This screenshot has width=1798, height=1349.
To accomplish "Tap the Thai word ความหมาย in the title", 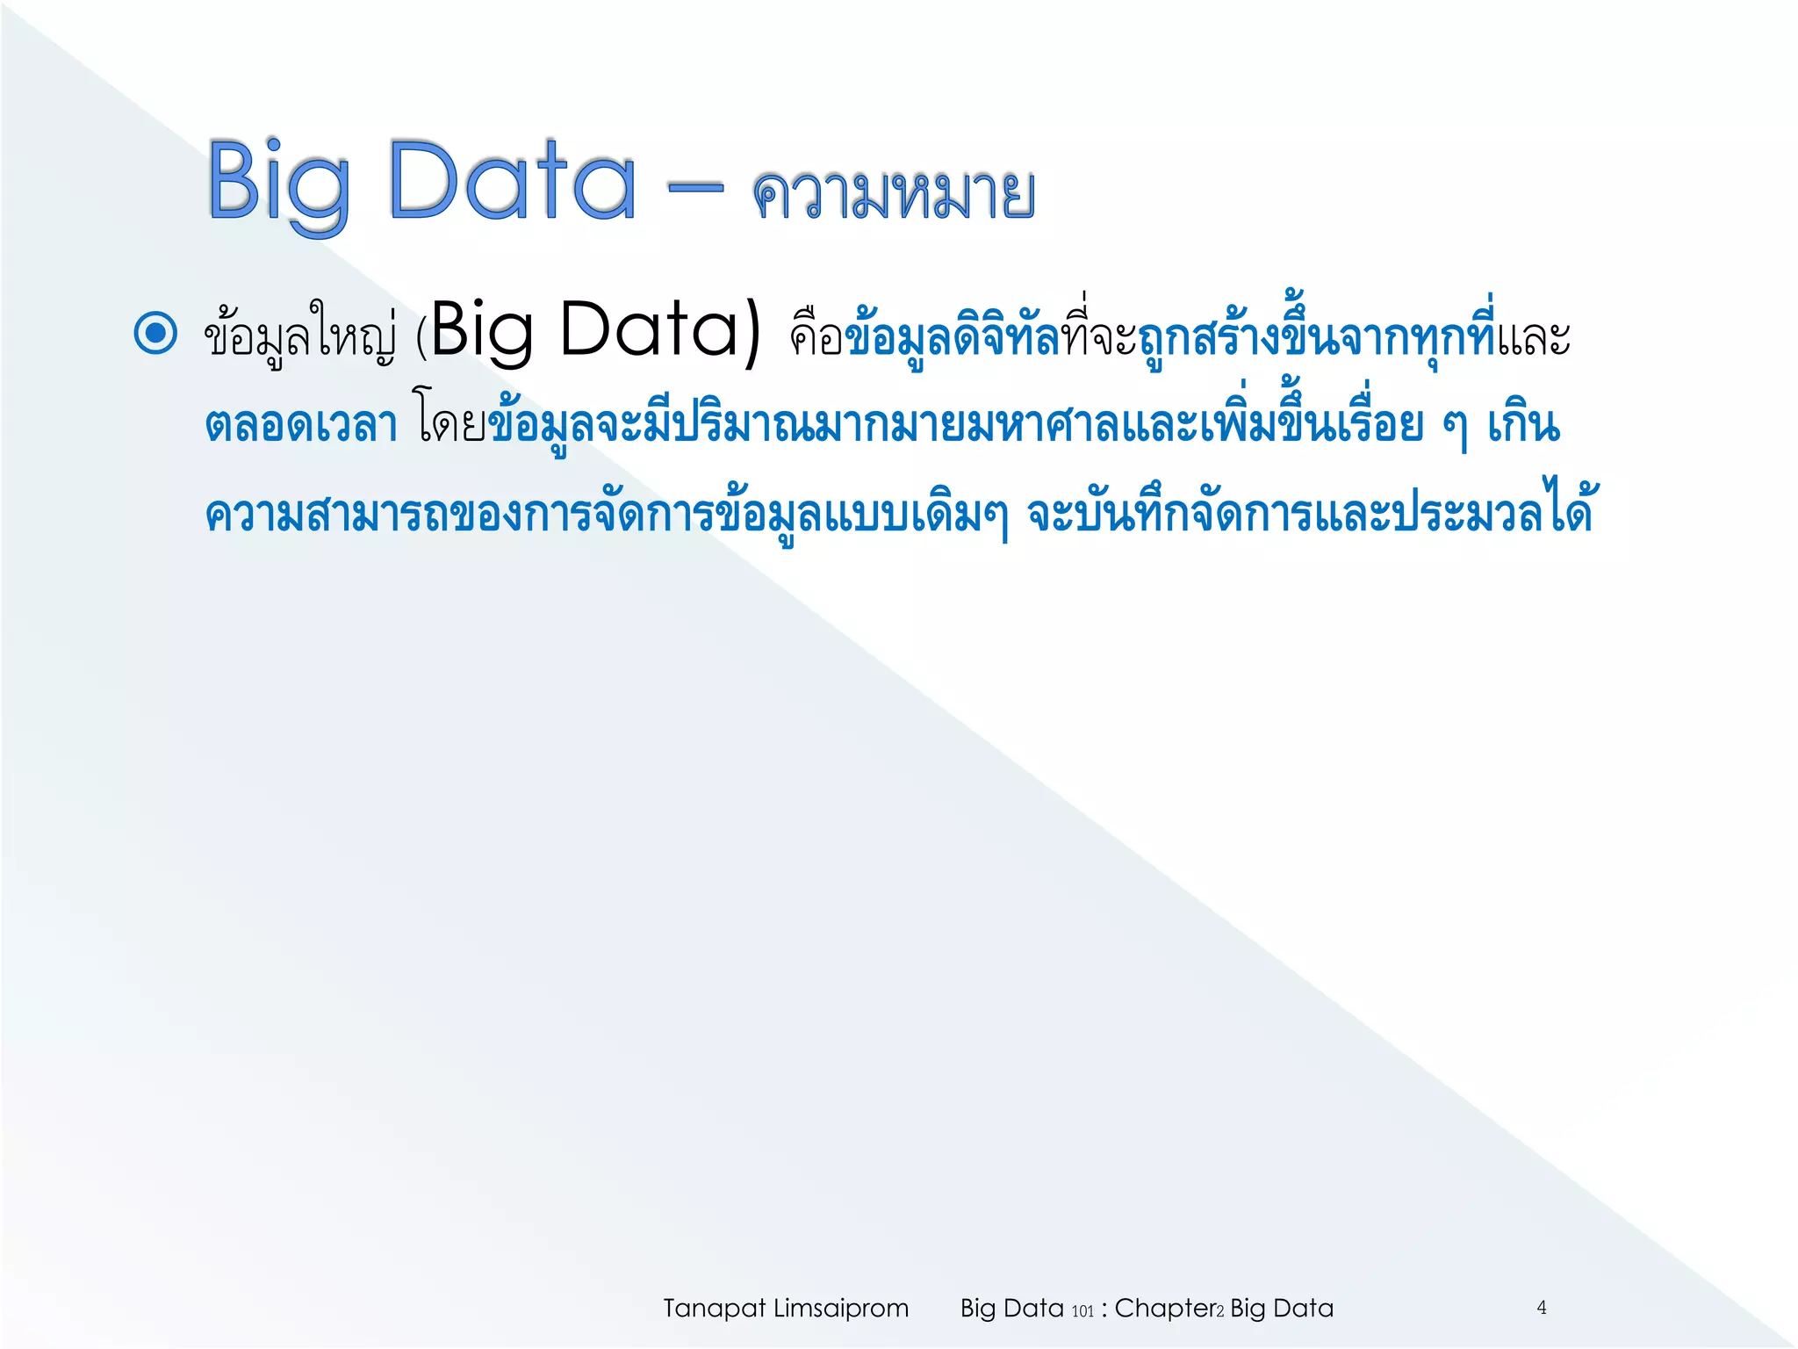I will click(x=893, y=194).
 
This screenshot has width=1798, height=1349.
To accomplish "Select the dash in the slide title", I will click(x=695, y=187).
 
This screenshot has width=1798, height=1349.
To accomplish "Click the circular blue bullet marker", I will click(x=156, y=334).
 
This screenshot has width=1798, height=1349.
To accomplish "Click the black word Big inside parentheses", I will click(x=482, y=332).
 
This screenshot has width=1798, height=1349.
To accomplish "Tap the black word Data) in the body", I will click(x=660, y=332).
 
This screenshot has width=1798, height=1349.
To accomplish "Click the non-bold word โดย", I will click(x=450, y=426).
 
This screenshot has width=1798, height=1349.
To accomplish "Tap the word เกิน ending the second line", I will click(x=1523, y=426).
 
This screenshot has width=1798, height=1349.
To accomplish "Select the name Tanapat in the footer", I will click(x=714, y=1309).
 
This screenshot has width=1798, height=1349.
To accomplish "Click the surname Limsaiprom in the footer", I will click(x=840, y=1309).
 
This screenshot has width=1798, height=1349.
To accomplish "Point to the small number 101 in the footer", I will click(x=1082, y=1311).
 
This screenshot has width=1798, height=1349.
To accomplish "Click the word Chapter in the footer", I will click(x=1164, y=1309).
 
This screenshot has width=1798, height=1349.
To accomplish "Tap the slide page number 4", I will click(x=1542, y=1308).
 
